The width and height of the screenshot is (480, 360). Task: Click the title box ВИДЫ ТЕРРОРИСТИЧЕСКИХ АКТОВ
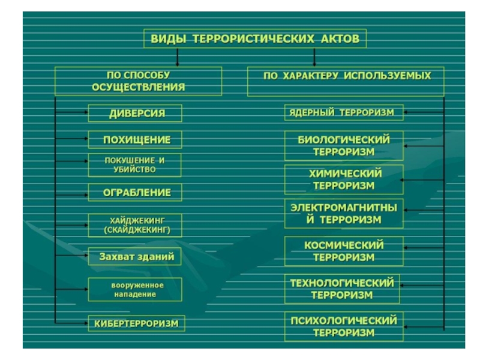(254, 40)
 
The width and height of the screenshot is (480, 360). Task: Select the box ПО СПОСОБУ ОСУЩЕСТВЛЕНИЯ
(138, 81)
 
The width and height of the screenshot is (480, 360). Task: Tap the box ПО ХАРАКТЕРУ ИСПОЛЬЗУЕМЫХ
(346, 81)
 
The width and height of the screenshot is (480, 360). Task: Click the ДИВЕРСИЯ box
(136, 113)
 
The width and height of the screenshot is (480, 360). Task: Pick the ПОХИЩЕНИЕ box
(136, 140)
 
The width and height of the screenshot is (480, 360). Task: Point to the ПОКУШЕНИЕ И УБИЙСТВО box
(134, 165)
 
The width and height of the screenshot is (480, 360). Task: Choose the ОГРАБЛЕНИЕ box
(136, 193)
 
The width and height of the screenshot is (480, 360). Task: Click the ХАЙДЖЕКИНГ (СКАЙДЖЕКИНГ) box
(134, 225)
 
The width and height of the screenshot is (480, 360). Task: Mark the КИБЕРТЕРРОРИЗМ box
(136, 323)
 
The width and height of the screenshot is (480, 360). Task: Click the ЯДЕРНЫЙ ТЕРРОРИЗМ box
(344, 112)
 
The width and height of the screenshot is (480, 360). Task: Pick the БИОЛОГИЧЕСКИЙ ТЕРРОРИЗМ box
(344, 146)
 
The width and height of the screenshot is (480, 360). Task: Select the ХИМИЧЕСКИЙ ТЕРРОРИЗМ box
(344, 179)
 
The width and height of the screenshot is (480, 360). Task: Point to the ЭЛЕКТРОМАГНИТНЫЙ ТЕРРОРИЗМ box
(344, 214)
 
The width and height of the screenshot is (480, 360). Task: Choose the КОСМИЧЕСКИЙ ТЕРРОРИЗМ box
(344, 251)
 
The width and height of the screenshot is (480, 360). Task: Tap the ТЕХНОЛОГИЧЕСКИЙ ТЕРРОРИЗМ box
(343, 288)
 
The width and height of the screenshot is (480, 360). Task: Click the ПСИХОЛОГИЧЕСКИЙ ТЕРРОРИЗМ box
(344, 326)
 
